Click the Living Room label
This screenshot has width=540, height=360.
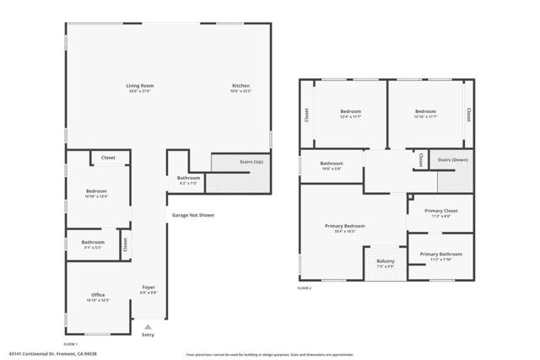[x=140, y=85]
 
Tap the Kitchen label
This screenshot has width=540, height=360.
[x=241, y=85]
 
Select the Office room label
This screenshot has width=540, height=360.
[x=98, y=295]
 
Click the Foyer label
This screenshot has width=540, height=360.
[x=148, y=287]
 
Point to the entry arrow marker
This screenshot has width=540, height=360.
[x=148, y=325]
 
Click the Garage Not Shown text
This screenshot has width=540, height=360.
[x=193, y=215]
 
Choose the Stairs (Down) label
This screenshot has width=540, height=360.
[x=453, y=159]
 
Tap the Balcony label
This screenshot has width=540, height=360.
[x=384, y=262]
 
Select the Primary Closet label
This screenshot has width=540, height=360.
[x=439, y=211]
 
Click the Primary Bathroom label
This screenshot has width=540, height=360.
[x=440, y=254]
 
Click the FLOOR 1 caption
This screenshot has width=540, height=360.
[x=71, y=344]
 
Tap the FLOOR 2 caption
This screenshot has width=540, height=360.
[x=305, y=288]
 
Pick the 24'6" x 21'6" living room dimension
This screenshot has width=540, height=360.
[x=140, y=91]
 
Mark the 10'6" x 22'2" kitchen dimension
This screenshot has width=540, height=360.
[x=241, y=91]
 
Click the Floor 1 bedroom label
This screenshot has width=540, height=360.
[x=96, y=191]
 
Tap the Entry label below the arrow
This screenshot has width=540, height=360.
[x=148, y=335]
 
